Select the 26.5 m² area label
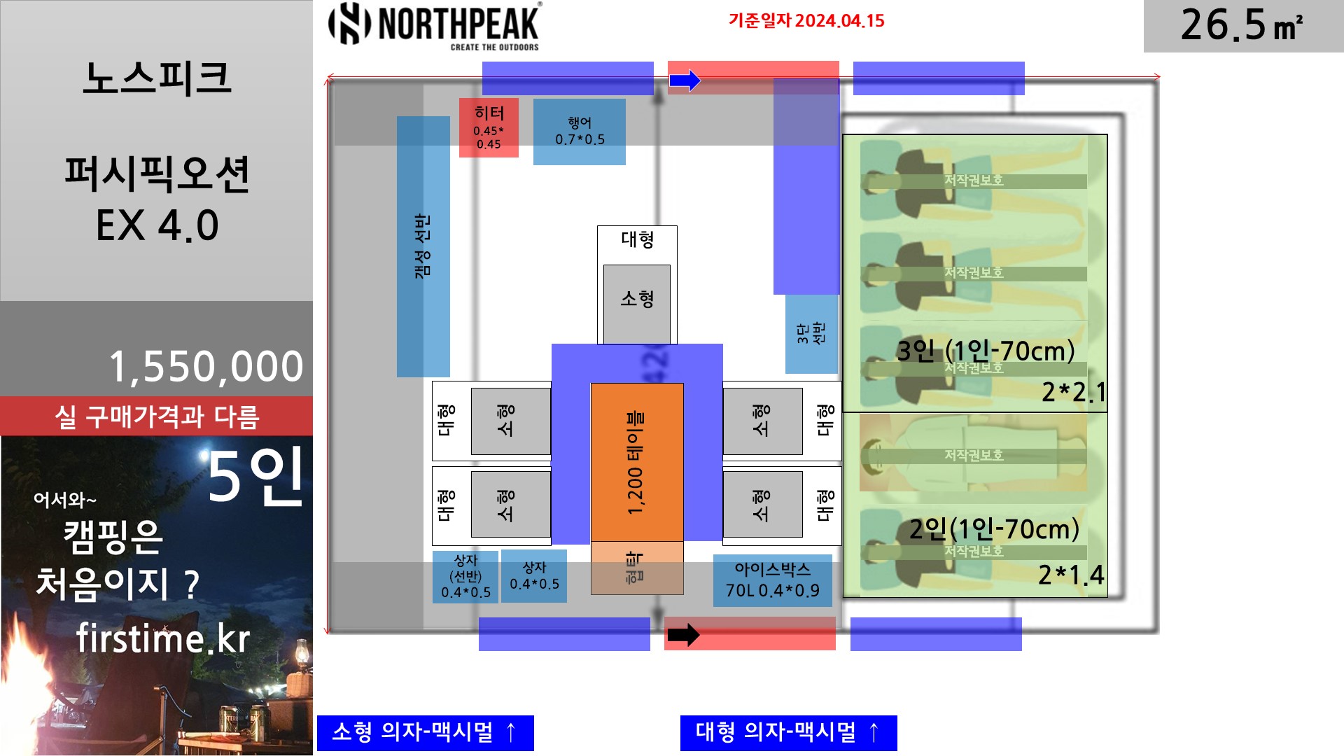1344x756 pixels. (1242, 26)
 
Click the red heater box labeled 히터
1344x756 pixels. (489, 127)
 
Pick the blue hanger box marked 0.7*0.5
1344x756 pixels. (580, 132)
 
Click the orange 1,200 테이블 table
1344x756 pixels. (636, 462)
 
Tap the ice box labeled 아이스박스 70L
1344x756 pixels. (772, 580)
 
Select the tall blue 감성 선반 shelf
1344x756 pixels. (423, 246)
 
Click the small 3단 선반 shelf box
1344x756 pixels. (811, 333)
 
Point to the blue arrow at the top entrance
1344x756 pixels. (685, 80)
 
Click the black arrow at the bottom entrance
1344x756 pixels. (683, 635)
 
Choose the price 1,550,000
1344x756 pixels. (206, 366)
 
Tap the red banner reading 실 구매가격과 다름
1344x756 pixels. (157, 416)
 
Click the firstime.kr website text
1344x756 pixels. (162, 638)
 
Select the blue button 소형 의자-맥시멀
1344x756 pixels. (425, 732)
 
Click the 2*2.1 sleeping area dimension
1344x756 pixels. (1073, 392)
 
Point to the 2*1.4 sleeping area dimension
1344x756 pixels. (1070, 575)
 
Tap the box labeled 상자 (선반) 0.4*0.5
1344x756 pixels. (465, 577)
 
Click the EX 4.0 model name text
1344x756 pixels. (157, 225)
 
